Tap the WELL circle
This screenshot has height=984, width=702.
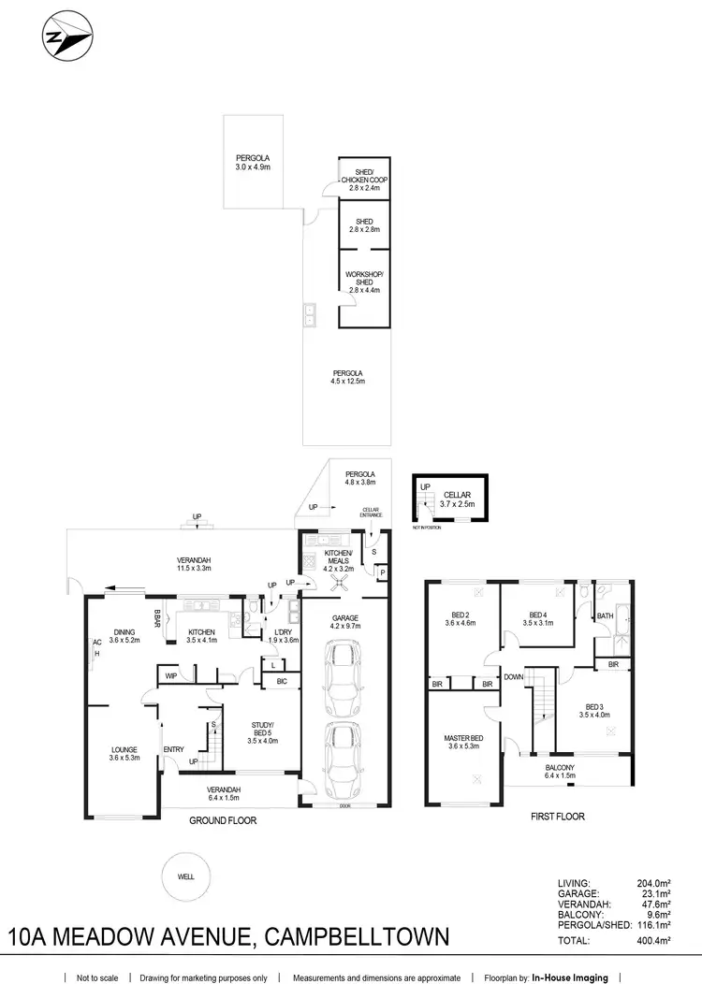coord(187,876)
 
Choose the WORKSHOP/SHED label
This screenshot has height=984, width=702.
coord(359,279)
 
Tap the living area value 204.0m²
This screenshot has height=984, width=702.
coord(668,882)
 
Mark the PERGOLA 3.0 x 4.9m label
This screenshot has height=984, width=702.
coord(253,163)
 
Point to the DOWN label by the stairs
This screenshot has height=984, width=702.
coord(514,677)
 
